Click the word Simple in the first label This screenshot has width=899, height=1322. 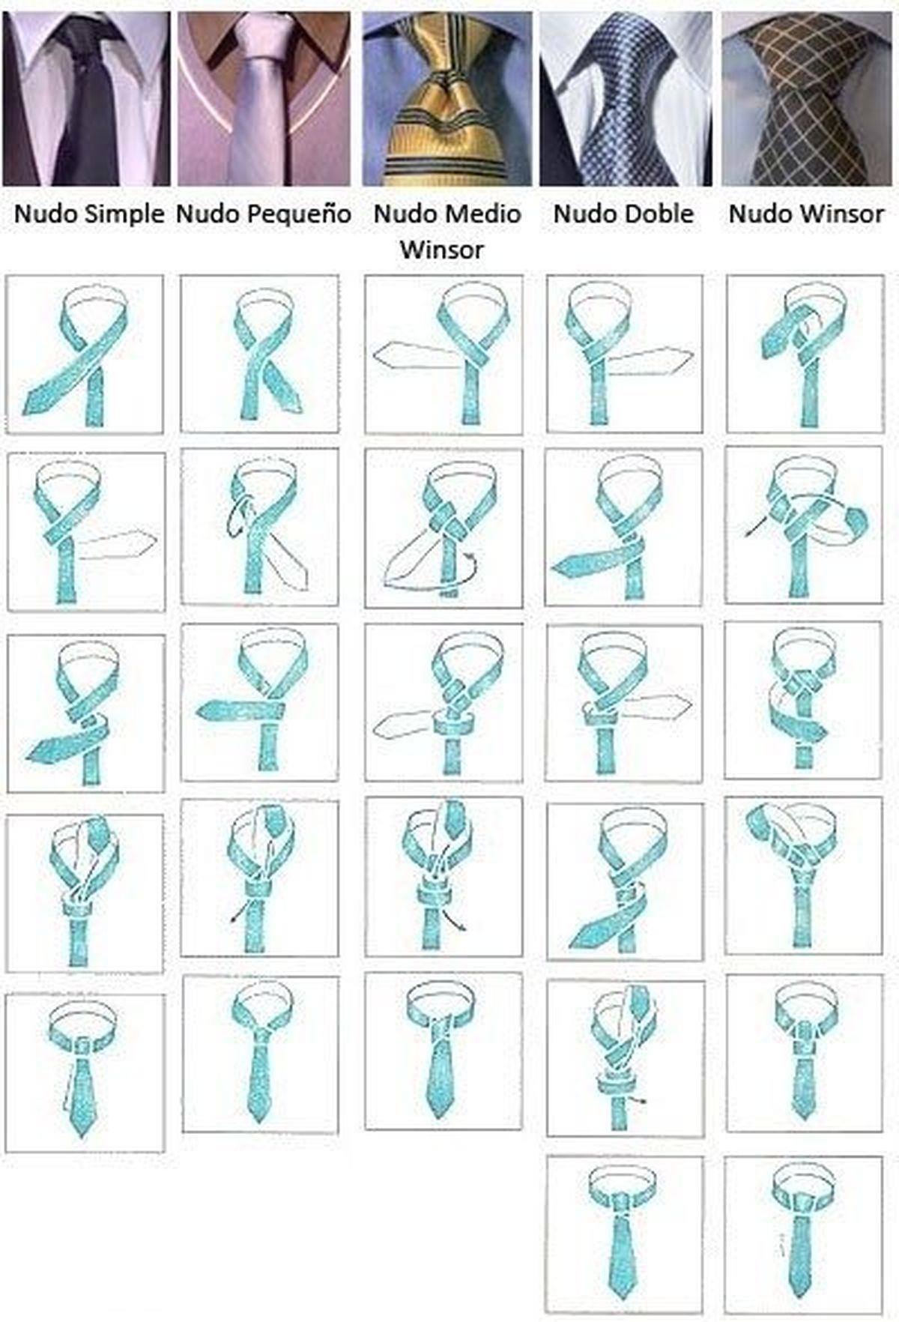coord(124,214)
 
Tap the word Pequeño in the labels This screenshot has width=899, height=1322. coord(297,214)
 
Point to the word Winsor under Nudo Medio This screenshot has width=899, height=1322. coord(442,249)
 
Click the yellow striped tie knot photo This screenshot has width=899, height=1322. coord(447,99)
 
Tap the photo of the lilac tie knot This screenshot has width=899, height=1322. coord(264,99)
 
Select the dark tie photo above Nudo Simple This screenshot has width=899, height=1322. coord(86,99)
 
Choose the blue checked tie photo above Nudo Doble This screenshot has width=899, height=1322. coord(626,99)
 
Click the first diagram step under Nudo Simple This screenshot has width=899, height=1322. coord(85,354)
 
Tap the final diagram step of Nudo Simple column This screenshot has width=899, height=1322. coord(85,1072)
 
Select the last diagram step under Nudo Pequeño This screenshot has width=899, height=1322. coord(261,1054)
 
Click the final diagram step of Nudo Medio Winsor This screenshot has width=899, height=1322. coord(444,1051)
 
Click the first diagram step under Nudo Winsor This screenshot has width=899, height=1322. coord(805,353)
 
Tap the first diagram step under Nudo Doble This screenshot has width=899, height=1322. coord(625,353)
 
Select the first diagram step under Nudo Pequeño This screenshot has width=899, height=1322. coord(260,353)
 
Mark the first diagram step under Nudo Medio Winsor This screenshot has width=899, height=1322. coord(444,353)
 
